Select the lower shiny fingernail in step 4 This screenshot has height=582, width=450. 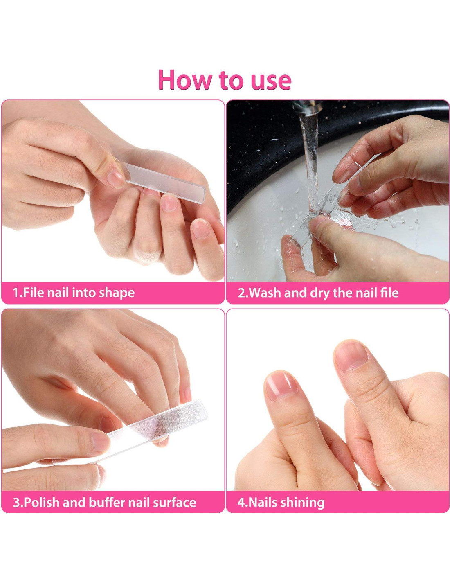coord(281,386)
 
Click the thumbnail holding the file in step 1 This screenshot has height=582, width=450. coord(116,178)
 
